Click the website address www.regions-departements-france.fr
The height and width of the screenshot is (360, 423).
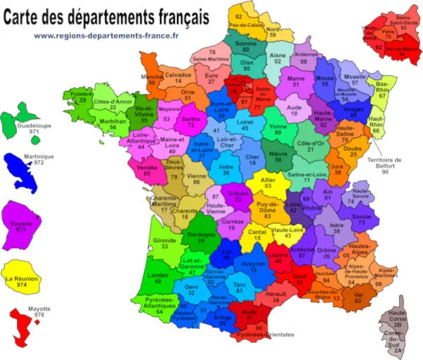pos(106,35)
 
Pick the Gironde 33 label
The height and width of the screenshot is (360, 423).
pos(163,243)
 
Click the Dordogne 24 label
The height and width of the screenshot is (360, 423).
pos(201,236)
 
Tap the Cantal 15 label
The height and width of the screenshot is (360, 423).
pos(257,235)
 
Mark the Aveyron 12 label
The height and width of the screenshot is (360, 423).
pos(253,266)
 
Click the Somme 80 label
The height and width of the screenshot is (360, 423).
pos(246,46)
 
